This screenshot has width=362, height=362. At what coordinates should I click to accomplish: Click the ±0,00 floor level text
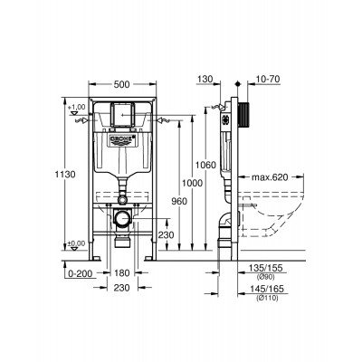coord(80,243)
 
